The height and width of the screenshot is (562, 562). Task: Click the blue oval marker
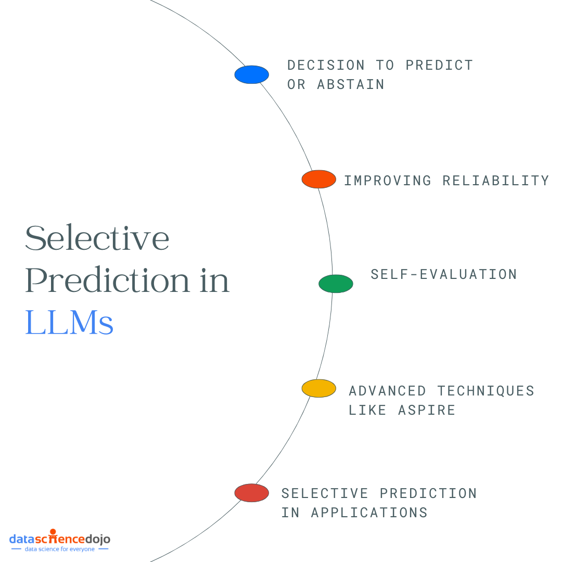tap(251, 74)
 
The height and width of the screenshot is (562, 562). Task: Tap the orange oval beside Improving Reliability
tap(318, 179)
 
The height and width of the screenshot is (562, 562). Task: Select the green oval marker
tap(336, 284)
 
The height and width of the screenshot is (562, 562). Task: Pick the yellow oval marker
tap(318, 388)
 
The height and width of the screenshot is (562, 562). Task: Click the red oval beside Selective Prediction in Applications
tap(251, 493)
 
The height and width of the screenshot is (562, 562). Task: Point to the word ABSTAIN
tap(351, 84)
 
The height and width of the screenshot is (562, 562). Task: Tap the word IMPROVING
tap(388, 181)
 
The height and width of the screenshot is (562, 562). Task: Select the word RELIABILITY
tap(495, 181)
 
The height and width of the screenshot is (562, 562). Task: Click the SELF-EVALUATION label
tap(443, 274)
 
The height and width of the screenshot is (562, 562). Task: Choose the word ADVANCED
tap(387, 391)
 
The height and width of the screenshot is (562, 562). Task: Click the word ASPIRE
tap(426, 410)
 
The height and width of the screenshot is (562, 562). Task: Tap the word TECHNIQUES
tap(486, 391)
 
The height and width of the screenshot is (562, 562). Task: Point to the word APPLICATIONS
tap(369, 513)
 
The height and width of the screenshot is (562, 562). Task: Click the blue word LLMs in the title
tap(69, 323)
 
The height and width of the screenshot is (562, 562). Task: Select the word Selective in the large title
tap(97, 238)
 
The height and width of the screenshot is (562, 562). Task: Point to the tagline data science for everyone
tap(60, 549)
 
